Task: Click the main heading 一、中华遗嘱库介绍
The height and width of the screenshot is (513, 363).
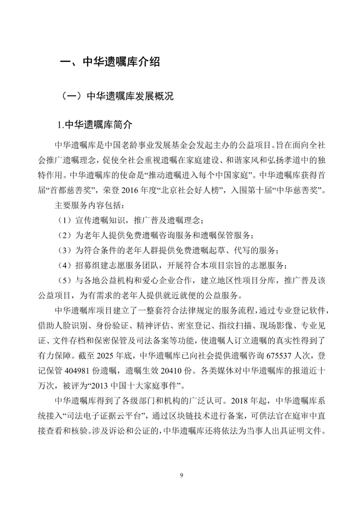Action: (110, 62)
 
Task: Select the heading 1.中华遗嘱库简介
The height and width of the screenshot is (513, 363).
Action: (95, 125)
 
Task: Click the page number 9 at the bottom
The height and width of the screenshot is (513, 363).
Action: (182, 475)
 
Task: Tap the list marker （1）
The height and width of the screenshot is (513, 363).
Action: (64, 220)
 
